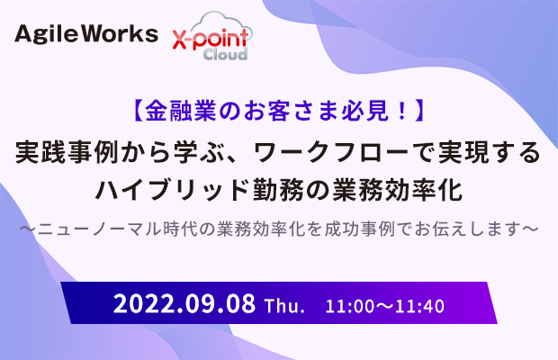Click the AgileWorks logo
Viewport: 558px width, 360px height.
click(86, 34)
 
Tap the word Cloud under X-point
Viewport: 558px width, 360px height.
click(225, 54)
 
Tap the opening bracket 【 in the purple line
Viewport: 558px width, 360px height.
click(138, 111)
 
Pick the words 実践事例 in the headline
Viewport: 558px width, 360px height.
click(67, 153)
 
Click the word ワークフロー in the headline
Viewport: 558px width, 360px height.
click(332, 153)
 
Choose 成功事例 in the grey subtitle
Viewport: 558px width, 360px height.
click(359, 229)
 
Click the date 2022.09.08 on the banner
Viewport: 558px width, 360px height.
click(184, 303)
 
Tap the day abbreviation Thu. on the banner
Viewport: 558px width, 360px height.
click(284, 306)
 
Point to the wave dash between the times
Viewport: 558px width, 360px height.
click(385, 306)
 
